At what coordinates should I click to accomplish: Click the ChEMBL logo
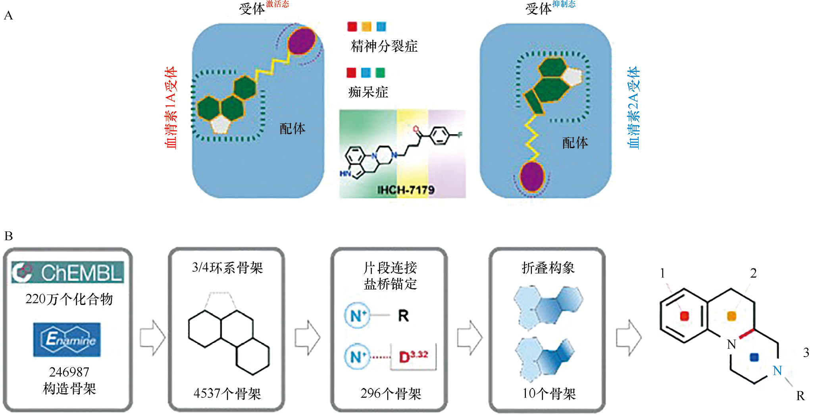(x=67, y=272)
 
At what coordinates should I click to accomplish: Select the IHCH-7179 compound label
(x=406, y=190)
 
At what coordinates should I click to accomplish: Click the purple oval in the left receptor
(x=302, y=41)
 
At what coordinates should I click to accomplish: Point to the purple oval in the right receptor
(x=532, y=177)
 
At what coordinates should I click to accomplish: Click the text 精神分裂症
(x=384, y=46)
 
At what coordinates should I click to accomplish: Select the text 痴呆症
(x=368, y=92)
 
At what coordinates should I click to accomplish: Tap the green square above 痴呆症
(x=380, y=73)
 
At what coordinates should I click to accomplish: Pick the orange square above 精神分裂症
(x=366, y=27)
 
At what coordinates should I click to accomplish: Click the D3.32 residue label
(x=413, y=356)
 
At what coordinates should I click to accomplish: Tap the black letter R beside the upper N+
(x=403, y=316)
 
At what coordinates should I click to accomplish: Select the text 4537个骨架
(x=227, y=394)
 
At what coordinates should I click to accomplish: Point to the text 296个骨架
(x=391, y=394)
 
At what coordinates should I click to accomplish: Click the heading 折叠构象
(x=548, y=268)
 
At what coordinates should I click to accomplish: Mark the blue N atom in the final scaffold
(x=777, y=371)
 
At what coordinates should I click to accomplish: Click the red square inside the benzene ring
(x=684, y=316)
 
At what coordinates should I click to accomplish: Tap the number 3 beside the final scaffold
(x=806, y=352)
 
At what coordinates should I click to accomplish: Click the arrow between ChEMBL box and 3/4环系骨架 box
(x=152, y=338)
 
